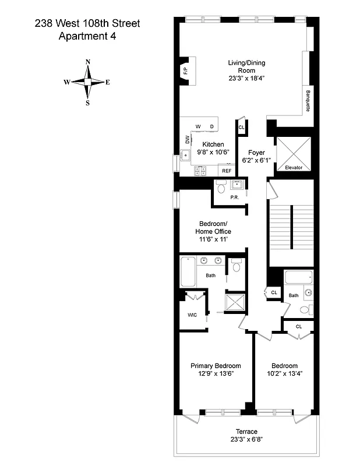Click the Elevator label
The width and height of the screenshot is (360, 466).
(294, 167)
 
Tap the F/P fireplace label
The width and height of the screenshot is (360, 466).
(185, 72)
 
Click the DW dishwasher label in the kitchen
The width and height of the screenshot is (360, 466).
(188, 140)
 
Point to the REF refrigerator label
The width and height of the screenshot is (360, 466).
(227, 171)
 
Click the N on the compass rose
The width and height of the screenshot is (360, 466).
(88, 62)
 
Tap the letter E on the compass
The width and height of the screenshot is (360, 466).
(108, 82)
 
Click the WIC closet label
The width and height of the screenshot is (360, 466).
(192, 315)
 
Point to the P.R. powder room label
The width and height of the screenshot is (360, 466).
(235, 197)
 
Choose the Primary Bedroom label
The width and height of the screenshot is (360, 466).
(216, 366)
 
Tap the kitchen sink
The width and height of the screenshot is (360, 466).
(186, 156)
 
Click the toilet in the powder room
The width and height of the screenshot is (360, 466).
(221, 188)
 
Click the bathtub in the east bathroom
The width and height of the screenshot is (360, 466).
(299, 277)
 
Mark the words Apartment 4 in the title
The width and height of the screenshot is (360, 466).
(88, 36)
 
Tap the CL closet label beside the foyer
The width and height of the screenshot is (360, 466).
(241, 127)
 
